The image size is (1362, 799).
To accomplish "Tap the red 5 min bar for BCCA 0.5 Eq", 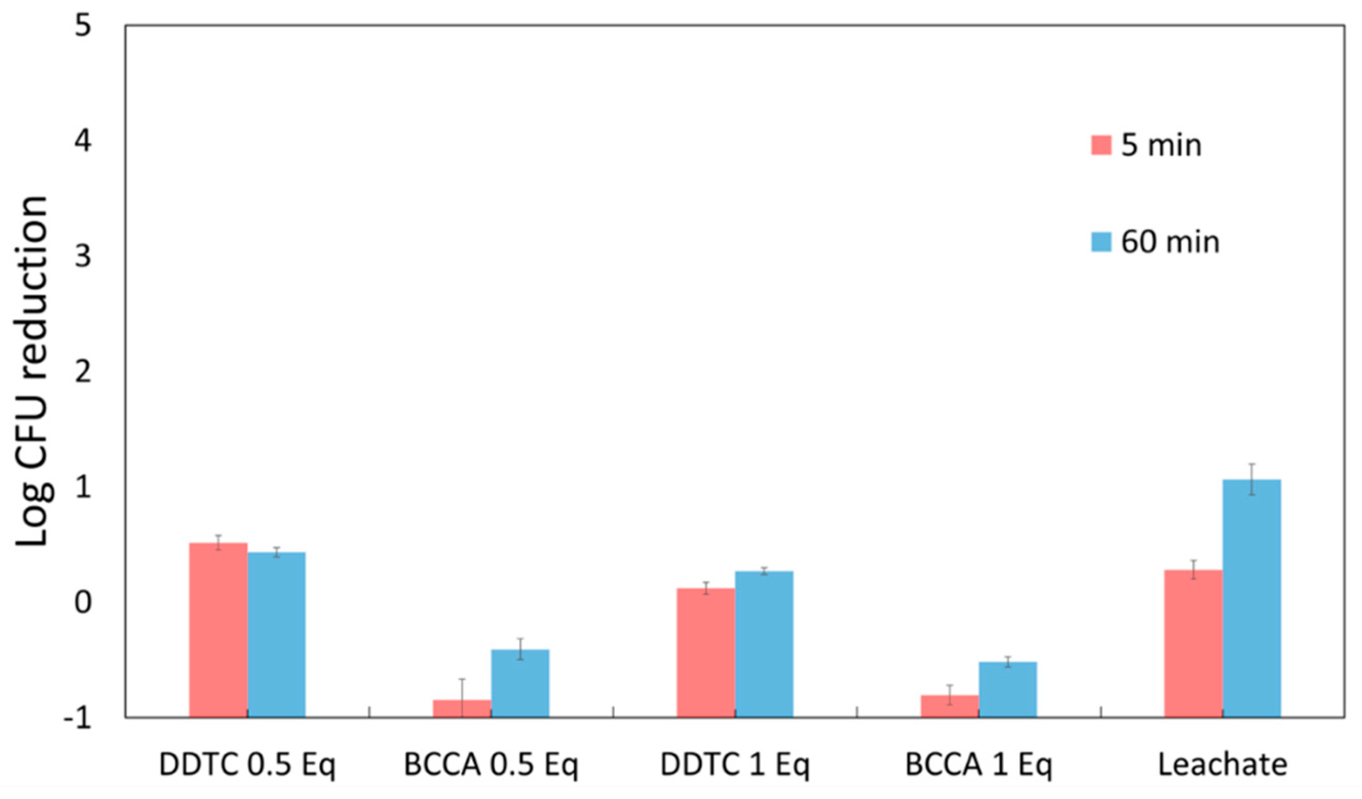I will tap(462, 708).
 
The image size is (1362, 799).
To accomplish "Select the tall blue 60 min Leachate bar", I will tap(1252, 598).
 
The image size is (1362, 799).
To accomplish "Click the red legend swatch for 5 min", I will tap(1101, 145).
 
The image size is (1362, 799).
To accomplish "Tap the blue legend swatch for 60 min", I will tap(1101, 242).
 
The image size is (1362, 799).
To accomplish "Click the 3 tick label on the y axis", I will tap(83, 256).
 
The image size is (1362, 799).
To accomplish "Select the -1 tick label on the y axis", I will tap(76, 718).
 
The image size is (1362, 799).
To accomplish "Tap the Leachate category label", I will tap(1222, 765).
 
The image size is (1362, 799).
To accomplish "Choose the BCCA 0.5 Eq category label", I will tap(491, 765).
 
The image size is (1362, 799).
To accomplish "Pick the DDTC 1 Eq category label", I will tap(735, 765).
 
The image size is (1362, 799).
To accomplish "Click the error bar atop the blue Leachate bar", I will tap(1252, 479).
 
